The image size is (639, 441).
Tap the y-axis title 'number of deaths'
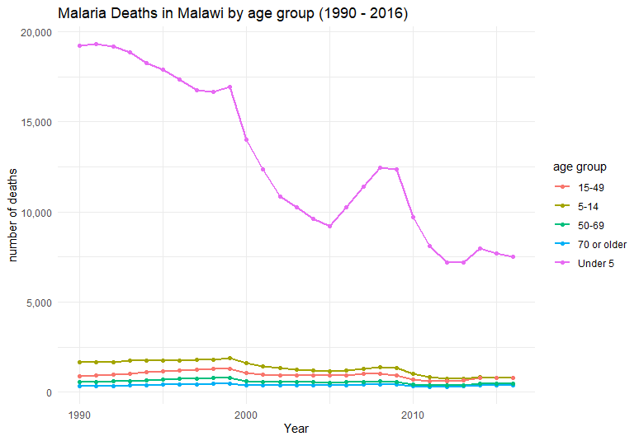click(14, 212)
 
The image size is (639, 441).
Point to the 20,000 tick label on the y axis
click(35, 32)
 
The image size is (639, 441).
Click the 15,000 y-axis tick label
click(35, 122)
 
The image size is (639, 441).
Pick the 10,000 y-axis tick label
click(35, 212)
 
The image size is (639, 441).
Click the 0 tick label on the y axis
click(49, 392)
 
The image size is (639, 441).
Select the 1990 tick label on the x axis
click(79, 411)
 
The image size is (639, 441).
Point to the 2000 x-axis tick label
click(246, 411)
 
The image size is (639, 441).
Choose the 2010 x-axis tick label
click(413, 411)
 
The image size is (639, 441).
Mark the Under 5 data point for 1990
click(79, 45)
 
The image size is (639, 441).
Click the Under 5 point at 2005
click(329, 226)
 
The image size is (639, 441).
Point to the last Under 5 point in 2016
click(513, 257)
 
